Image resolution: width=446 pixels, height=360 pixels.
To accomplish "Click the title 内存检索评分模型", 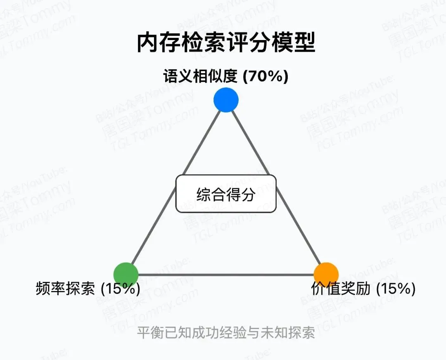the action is coord(226,43).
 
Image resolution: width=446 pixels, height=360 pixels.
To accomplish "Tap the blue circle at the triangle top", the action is coord(226,100).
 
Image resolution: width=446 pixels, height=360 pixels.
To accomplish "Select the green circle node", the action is coord(126,275).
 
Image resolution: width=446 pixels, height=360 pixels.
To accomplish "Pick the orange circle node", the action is coord(326,275).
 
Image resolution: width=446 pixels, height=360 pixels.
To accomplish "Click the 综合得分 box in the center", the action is coord(226,194).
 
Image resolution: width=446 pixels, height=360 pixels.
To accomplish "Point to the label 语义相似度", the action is coord(200,77).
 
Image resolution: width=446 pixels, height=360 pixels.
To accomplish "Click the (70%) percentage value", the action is coord(265,77).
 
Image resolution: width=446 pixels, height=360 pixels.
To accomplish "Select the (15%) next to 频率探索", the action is coord(120,289).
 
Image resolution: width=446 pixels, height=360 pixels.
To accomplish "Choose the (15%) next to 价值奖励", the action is coord(395,289).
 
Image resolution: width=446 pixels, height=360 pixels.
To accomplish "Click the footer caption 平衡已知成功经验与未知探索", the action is coord(226,333).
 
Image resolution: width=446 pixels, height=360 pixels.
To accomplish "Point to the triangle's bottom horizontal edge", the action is coord(226,275).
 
